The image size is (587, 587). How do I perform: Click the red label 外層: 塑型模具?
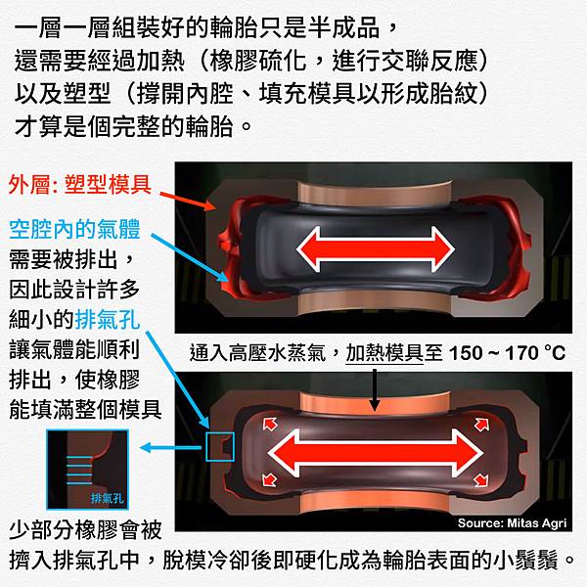(80, 185)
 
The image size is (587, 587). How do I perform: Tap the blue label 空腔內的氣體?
(74, 229)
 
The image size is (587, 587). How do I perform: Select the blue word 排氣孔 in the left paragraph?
(108, 319)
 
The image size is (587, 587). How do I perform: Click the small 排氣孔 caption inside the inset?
(107, 498)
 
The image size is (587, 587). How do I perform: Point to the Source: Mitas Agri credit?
(512, 523)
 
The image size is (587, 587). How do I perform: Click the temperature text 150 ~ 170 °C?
(507, 353)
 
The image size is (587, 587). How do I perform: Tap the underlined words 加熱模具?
(384, 353)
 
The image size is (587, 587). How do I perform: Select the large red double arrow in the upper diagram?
(376, 249)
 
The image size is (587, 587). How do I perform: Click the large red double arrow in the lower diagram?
(376, 453)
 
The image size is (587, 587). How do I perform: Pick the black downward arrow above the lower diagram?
(374, 390)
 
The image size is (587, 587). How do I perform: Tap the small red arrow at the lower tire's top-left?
(270, 425)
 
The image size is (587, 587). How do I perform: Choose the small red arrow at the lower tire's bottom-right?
(481, 479)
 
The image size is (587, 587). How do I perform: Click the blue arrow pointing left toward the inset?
(170, 447)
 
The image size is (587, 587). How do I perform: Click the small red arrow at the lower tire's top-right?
(481, 425)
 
